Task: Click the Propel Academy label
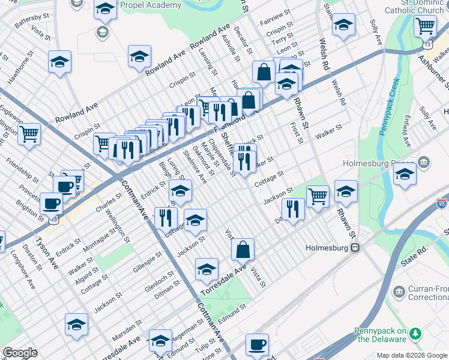(150, 5)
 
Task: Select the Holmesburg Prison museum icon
(424, 163)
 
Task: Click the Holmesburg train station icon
(355, 247)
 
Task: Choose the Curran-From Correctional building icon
(399, 292)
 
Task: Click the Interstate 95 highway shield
(442, 204)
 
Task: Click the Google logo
(20, 353)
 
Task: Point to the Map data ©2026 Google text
(412, 355)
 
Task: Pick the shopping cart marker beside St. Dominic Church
(425, 26)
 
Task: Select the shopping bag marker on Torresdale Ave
(243, 250)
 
